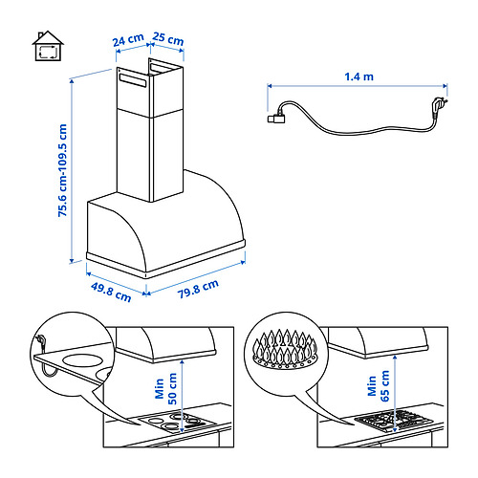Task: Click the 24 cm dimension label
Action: pos(128,40)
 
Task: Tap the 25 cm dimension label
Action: pos(168,39)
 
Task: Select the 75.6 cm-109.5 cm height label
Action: pos(62,170)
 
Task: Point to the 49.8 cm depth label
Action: pos(111,292)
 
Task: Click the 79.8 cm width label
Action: pos(198,289)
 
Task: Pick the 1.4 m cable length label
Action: pos(358,76)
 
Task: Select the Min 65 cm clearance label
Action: pos(379,385)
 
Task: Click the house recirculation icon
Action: pos(48,46)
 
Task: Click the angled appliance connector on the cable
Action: pos(276,118)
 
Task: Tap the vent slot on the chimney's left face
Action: pos(133,80)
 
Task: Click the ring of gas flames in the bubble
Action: pos(285,350)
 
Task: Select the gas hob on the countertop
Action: pos(394,421)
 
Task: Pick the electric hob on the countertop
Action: pos(178,422)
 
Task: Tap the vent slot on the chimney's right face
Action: pos(163,68)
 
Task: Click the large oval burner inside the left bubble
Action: pos(83,360)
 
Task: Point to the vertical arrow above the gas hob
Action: pos(395,394)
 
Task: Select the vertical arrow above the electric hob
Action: pos(182,396)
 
